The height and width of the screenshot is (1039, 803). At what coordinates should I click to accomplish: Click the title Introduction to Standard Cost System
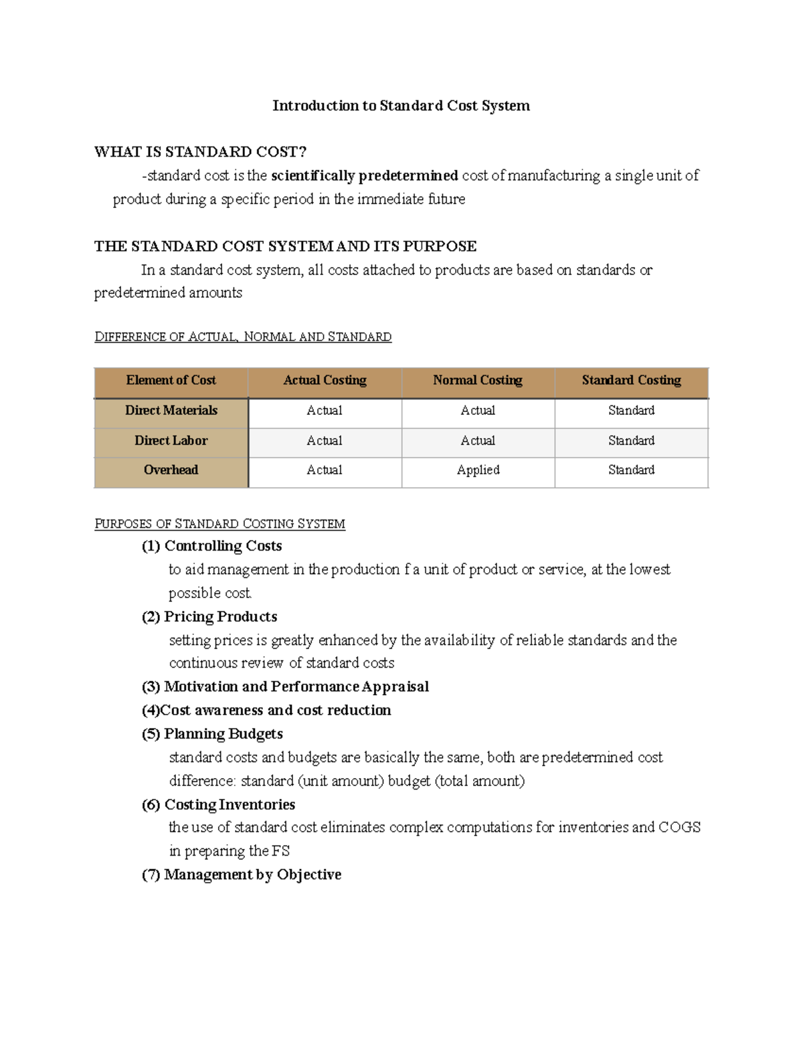pos(401,106)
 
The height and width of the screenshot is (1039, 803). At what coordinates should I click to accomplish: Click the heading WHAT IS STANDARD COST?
pos(200,152)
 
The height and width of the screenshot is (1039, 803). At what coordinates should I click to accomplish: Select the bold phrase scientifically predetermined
pos(365,176)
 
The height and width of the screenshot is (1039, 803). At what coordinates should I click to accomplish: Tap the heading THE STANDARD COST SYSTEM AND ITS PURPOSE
pos(285,246)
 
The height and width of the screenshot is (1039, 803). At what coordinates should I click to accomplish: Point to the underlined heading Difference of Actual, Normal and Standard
pos(243,337)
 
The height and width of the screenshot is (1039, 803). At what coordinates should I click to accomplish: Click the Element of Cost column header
pos(171,381)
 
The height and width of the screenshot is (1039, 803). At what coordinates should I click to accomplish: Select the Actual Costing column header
pos(325,381)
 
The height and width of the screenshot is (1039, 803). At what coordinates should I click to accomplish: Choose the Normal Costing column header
pos(477,381)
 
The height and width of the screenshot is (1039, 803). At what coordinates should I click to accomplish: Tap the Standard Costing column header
pos(631,381)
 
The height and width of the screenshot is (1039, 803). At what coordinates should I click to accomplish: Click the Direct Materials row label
pos(171,411)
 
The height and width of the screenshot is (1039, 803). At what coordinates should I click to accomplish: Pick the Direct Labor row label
pos(171,441)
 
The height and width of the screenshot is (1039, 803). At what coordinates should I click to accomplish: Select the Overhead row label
pos(171,470)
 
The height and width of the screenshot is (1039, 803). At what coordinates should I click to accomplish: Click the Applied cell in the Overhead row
pos(478,470)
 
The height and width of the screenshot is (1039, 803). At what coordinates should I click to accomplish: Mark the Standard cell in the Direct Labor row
pos(631,441)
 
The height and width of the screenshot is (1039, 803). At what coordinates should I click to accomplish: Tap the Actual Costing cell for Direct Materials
pos(325,411)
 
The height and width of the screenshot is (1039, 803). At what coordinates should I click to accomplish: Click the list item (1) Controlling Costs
pos(211,546)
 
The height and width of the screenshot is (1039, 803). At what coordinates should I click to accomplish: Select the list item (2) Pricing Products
pos(209,617)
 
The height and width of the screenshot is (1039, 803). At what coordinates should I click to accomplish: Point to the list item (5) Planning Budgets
pos(212,734)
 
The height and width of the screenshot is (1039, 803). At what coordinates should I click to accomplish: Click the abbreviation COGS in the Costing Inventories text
pos(679,828)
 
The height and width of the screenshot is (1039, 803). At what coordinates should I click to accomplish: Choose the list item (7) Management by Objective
pos(242,874)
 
